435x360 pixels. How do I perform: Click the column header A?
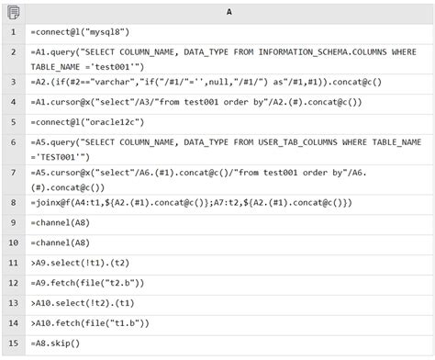tap(228, 11)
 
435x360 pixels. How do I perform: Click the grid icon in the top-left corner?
tap(13, 11)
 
